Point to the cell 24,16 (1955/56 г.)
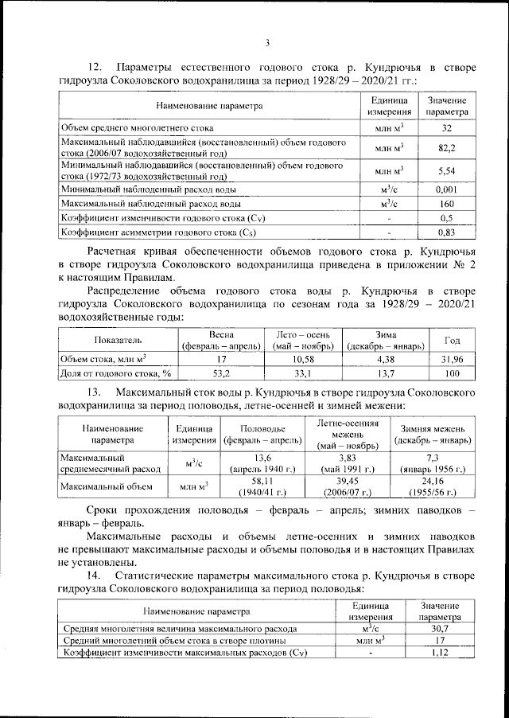(433, 486)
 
